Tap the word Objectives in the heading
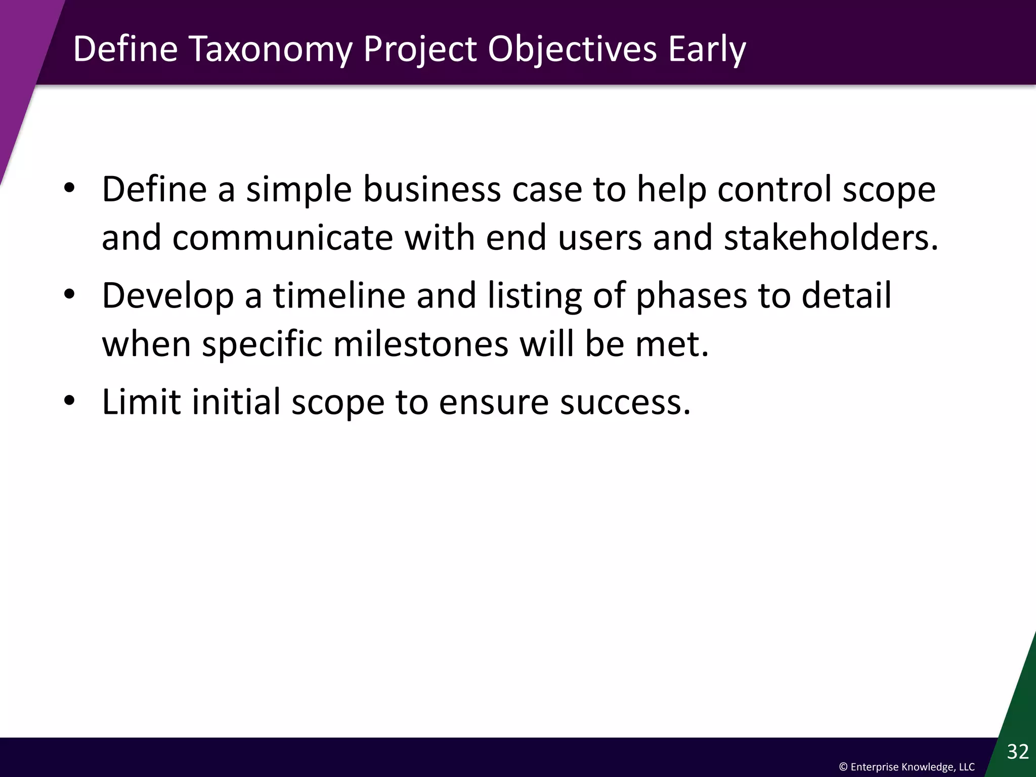tap(572, 50)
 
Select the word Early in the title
tap(707, 50)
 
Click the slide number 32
tap(1018, 752)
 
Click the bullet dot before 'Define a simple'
tap(69, 189)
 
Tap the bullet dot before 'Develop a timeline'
tap(69, 295)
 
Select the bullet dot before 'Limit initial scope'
tap(69, 402)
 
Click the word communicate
tap(283, 237)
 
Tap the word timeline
tap(339, 295)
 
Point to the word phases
tap(691, 295)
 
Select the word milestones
tap(421, 344)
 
